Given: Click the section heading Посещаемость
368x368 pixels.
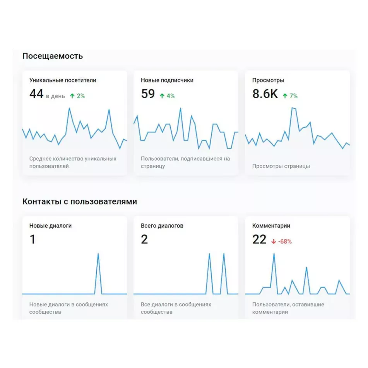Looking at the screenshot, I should click(52, 56).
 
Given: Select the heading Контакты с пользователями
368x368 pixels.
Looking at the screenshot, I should click(79, 202).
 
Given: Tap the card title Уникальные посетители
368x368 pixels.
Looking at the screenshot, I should click(63, 80).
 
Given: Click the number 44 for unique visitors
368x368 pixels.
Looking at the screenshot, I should click(36, 94).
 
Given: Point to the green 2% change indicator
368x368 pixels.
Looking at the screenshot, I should click(77, 96).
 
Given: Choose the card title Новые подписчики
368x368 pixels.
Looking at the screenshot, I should click(167, 80).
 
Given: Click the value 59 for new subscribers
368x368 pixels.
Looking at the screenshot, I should click(148, 94).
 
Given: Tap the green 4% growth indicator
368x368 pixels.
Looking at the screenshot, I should click(167, 96).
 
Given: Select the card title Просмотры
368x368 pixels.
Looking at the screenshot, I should click(268, 80).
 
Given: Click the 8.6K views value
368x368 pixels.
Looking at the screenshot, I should click(265, 94).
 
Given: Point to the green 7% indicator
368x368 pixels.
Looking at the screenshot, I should click(290, 96).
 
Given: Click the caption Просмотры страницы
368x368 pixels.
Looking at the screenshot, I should click(281, 166).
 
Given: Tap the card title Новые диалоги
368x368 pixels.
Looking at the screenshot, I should click(50, 226).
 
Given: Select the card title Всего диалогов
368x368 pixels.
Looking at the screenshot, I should click(162, 226).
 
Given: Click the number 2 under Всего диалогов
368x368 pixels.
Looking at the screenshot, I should click(144, 240).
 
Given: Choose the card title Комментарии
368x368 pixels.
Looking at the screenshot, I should click(271, 226).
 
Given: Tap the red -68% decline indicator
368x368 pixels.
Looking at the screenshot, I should click(282, 241).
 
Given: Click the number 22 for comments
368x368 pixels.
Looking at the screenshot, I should click(259, 240).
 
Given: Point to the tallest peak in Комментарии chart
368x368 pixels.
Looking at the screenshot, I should click(274, 254).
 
